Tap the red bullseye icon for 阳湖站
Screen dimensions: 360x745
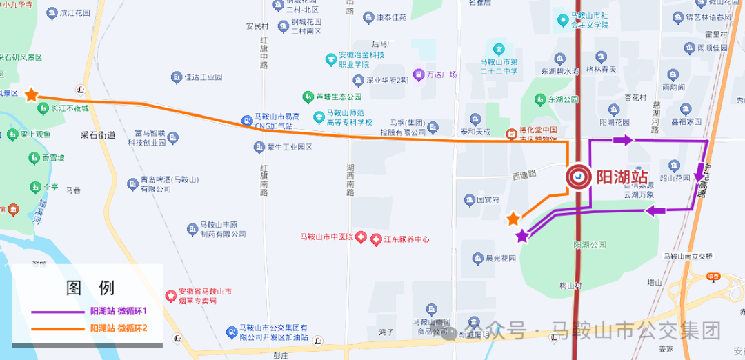pyautogui.click(x=578, y=177)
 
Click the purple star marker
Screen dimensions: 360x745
pyautogui.click(x=522, y=236)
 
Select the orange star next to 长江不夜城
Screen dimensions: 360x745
pyautogui.click(x=31, y=94)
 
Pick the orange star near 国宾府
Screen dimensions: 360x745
pyautogui.click(x=513, y=219)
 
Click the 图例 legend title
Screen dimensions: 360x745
pyautogui.click(x=90, y=288)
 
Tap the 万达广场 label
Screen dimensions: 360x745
pyautogui.click(x=441, y=74)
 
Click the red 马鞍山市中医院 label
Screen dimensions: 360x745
pyautogui.click(x=326, y=237)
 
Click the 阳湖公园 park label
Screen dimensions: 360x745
pyautogui.click(x=589, y=245)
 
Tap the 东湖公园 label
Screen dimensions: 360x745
pyautogui.click(x=563, y=99)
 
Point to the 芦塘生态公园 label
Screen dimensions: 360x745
pyautogui.click(x=338, y=97)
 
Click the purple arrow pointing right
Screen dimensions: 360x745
pyautogui.click(x=622, y=140)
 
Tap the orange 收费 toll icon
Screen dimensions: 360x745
pyautogui.click(x=713, y=277)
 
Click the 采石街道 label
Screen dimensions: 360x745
pyautogui.click(x=97, y=136)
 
